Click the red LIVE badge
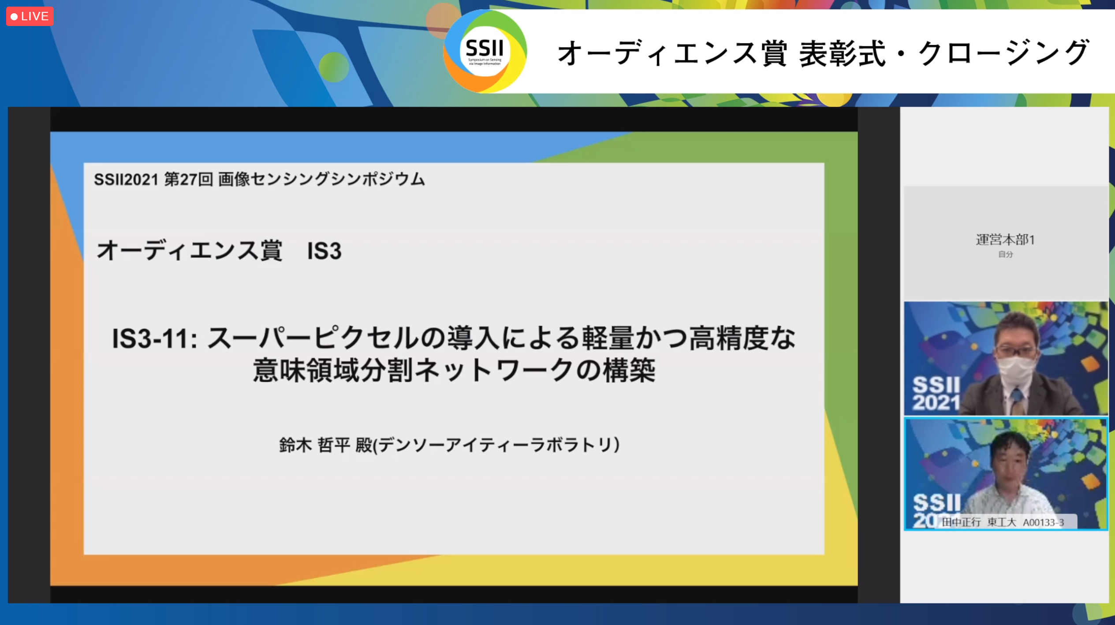[x=30, y=16]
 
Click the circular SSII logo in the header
[x=485, y=51]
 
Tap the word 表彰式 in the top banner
[x=842, y=54]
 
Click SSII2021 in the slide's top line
[x=126, y=179]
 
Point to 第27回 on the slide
[x=189, y=179]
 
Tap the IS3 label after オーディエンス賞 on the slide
[x=324, y=251]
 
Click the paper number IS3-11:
[x=155, y=339]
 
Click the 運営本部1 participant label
[x=1005, y=240]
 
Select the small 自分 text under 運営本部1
[x=1006, y=254]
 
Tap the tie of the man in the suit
[x=1017, y=398]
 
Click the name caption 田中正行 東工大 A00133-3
[x=1003, y=522]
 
